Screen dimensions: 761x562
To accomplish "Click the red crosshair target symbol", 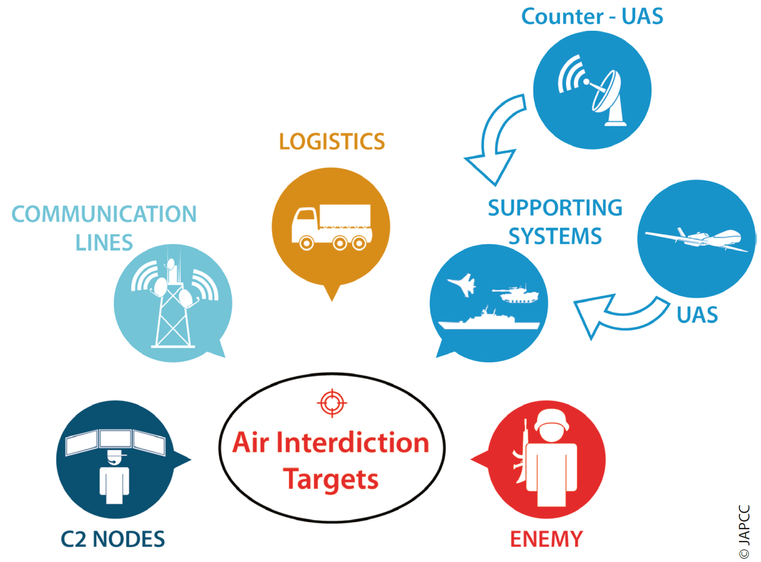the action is tap(332, 403).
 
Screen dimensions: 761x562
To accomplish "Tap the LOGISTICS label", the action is tap(332, 141).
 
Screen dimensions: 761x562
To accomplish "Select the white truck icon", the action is tap(332, 227).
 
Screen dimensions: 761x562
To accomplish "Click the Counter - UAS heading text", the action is tap(592, 16).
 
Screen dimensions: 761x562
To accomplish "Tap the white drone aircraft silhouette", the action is tap(696, 239).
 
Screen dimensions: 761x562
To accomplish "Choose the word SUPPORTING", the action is tap(555, 208).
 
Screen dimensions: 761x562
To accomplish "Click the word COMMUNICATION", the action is tap(104, 214).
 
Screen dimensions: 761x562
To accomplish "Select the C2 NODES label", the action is tap(113, 539).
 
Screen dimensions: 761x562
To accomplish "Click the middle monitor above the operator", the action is tap(115, 439).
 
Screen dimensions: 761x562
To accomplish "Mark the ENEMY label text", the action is tap(547, 539).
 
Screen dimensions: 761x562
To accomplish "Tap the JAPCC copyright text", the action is tap(744, 532).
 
